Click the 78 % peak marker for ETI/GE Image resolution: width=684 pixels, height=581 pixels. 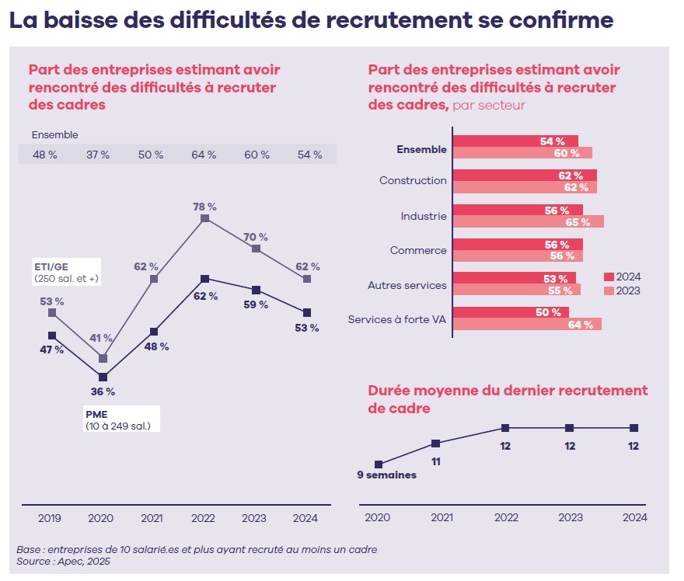point(204,219)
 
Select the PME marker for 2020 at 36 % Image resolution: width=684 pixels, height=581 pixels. point(103,377)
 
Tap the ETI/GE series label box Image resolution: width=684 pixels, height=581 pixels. point(66,273)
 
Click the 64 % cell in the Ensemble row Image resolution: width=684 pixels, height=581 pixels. point(204,155)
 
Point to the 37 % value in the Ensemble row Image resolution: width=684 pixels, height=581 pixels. point(98,155)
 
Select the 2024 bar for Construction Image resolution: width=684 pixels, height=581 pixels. point(525,176)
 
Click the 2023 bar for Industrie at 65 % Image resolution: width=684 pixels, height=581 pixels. point(528,221)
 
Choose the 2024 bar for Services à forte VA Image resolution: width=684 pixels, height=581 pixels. point(511,312)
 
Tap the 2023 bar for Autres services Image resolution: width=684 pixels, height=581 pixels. point(516,290)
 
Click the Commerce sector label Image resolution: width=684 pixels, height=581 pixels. point(418,250)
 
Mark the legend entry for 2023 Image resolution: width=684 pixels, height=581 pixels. point(622,290)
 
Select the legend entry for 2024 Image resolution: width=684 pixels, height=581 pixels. point(622,277)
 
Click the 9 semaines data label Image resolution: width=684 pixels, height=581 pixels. point(386,475)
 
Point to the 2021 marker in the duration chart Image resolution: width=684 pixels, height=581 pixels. point(435,444)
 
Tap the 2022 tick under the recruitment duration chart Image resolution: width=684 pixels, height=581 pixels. point(506,517)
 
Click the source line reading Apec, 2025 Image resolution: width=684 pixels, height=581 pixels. point(63,561)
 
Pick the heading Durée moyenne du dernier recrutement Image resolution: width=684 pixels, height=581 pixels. point(508,390)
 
